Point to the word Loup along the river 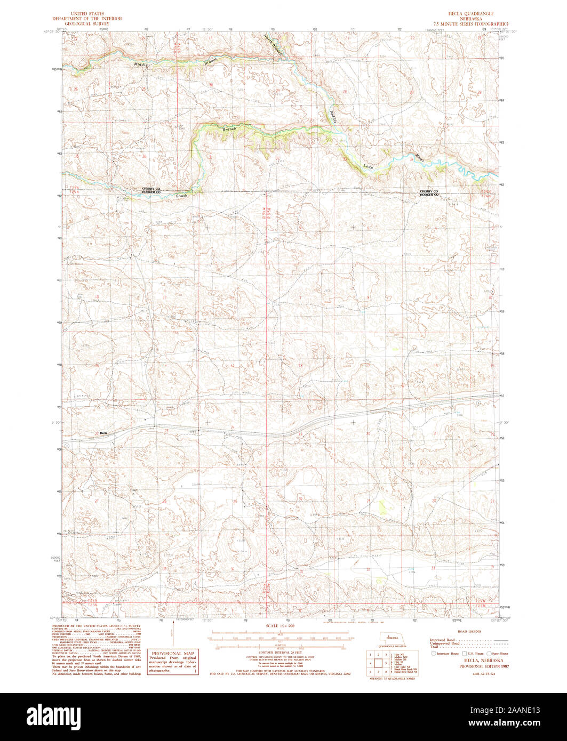pyautogui.click(x=368, y=165)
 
